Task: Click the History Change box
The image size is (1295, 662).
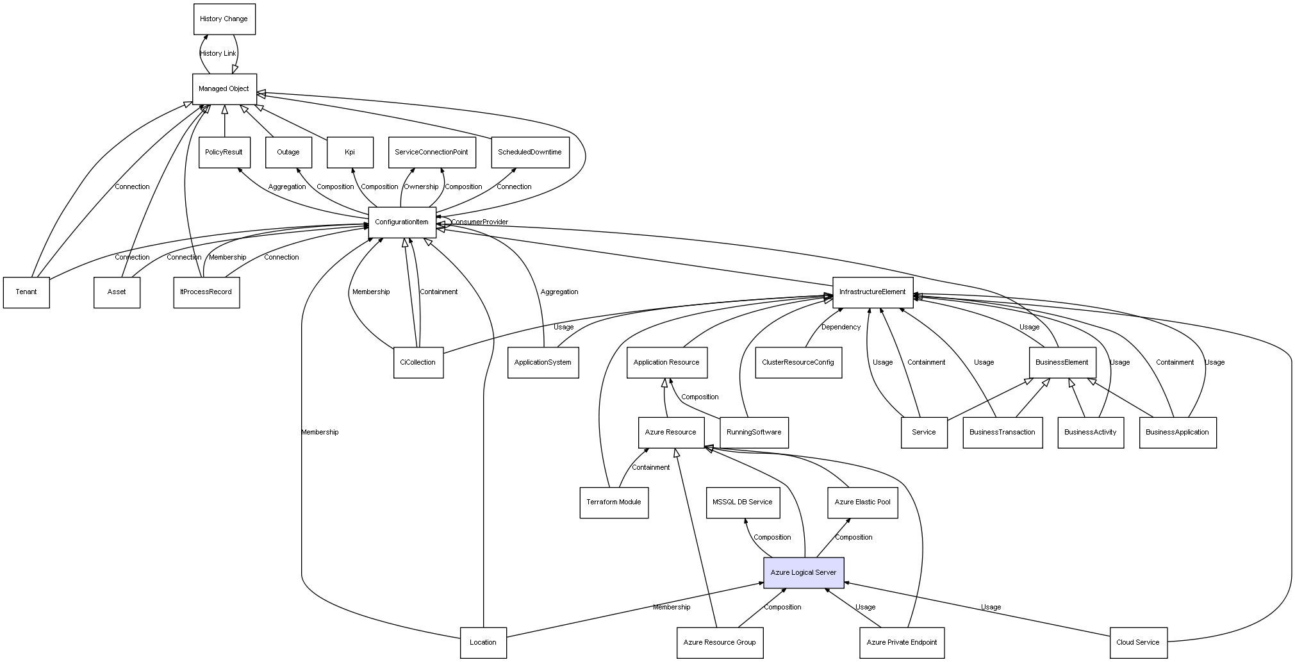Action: point(224,19)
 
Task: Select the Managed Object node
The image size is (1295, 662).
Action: point(224,89)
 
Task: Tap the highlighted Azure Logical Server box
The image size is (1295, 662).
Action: point(804,572)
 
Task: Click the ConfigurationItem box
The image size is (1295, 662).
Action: point(402,222)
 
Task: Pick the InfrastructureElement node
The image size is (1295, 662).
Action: point(872,292)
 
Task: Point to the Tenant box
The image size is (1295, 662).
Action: point(26,292)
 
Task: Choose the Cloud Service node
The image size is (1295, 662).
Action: point(1138,642)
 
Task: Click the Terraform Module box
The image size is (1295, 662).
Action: point(614,502)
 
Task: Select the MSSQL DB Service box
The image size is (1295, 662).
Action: point(743,502)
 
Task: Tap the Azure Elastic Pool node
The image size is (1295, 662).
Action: point(862,502)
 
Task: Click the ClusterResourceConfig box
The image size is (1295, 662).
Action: point(798,363)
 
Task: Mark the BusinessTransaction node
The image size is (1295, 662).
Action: point(1002,433)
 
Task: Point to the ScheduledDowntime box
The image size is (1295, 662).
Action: point(530,153)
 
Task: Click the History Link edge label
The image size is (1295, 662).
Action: point(218,54)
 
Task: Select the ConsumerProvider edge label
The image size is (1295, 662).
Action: point(479,222)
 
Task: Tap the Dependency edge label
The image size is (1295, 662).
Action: point(841,327)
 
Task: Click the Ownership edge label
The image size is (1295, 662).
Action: point(421,187)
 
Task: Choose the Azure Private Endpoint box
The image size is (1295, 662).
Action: point(902,642)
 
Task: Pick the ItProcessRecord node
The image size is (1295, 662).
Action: point(206,292)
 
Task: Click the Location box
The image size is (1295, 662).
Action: point(483,642)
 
